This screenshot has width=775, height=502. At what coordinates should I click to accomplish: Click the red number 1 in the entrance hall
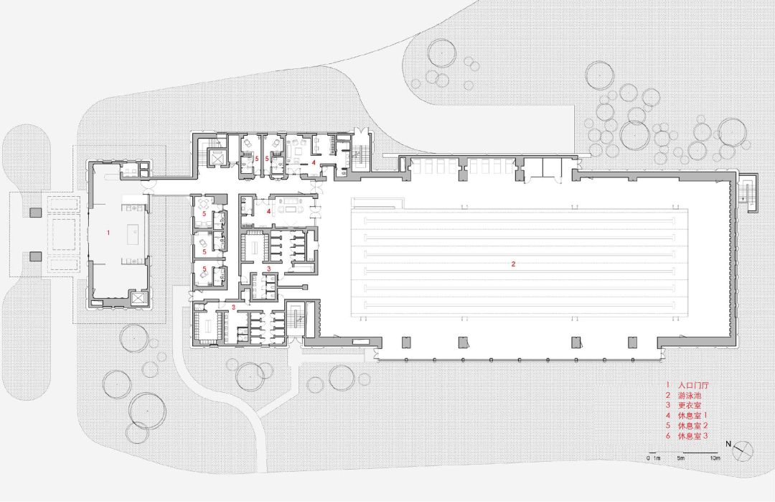click(x=108, y=233)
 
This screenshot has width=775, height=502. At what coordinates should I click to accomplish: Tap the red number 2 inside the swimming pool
click(x=513, y=264)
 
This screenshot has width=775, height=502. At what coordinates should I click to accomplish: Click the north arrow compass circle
click(x=743, y=450)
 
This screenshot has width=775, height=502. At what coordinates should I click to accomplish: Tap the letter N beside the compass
click(x=729, y=443)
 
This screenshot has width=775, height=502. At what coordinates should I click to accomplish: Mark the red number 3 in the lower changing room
click(x=233, y=307)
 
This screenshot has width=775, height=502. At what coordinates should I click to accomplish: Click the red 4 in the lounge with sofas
click(x=270, y=211)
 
